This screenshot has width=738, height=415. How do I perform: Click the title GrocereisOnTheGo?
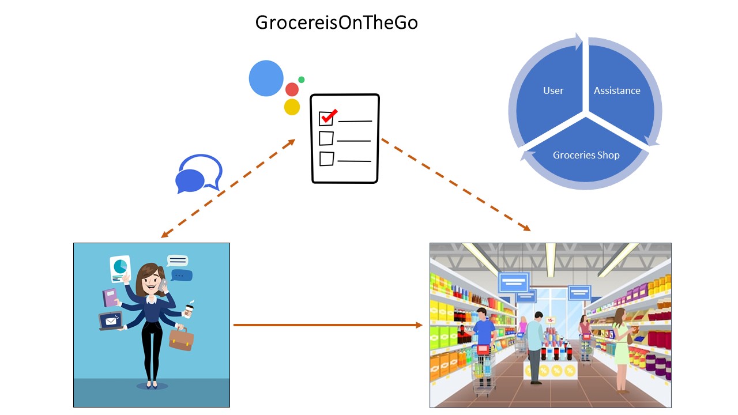pos(336,22)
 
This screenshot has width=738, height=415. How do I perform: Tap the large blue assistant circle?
pos(266,78)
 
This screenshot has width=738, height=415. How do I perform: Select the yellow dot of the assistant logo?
pos(292,107)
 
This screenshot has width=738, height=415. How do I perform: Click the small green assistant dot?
pos(301,80)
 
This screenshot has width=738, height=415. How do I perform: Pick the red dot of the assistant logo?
pos(292,89)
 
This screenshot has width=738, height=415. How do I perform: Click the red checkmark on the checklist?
pos(329,116)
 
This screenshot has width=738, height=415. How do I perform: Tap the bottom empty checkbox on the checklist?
pos(326,159)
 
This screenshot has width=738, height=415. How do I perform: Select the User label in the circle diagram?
pos(553,90)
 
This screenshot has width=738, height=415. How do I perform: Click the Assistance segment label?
pos(617,90)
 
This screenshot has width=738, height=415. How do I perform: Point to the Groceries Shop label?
pos(586,155)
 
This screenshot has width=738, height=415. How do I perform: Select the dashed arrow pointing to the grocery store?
pos(455,185)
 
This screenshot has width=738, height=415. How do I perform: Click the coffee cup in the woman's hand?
pos(188,311)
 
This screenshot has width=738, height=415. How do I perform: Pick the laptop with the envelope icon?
pos(110,320)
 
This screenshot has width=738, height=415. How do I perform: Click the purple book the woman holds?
pos(110,297)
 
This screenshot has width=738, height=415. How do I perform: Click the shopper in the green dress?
pos(620,344)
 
